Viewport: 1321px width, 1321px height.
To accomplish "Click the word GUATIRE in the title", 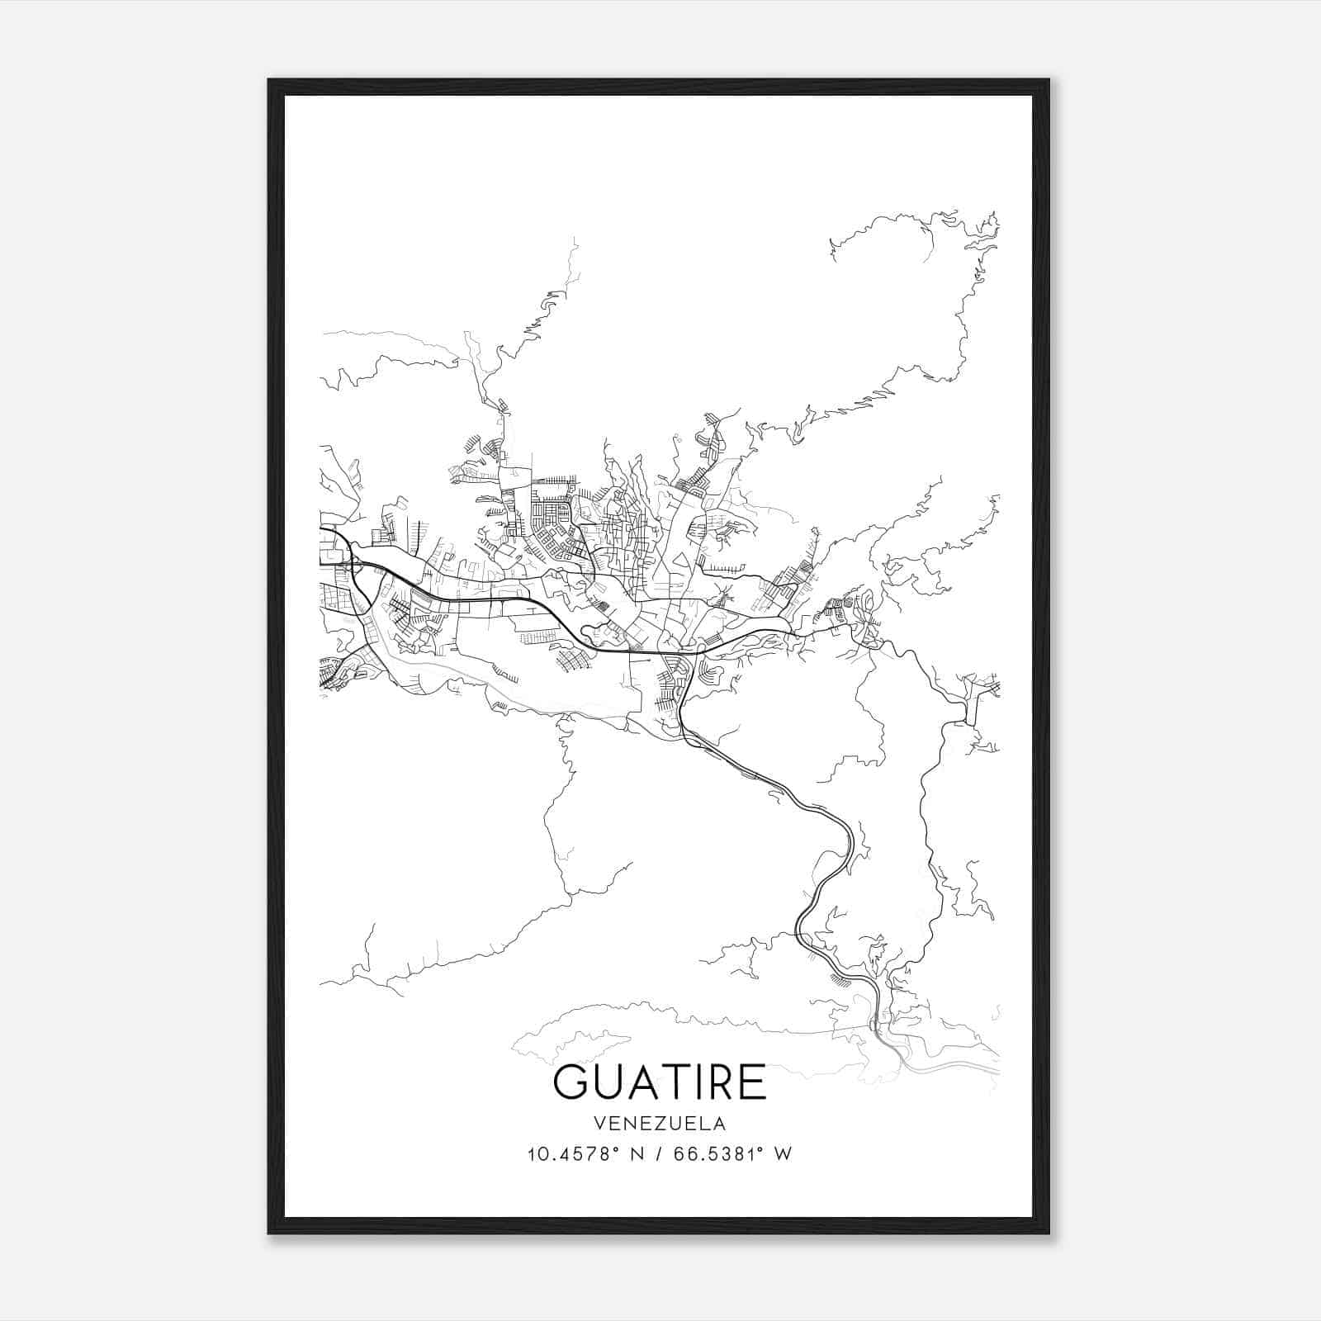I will [660, 1082].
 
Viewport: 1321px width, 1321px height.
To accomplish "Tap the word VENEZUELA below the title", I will [660, 1124].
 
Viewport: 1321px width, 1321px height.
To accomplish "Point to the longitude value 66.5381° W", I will [733, 1154].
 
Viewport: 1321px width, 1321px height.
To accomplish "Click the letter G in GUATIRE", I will [572, 1082].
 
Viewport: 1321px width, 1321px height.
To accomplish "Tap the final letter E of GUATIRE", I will [752, 1082].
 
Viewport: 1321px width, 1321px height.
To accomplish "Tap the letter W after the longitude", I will [784, 1154].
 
